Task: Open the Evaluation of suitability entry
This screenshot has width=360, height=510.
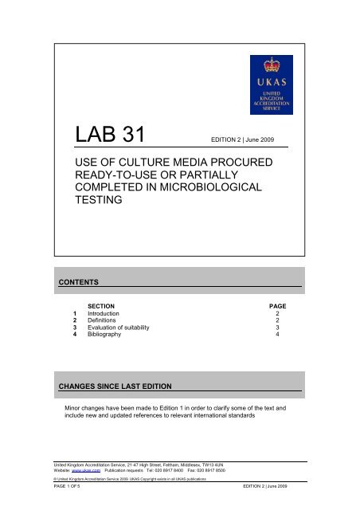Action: tap(127, 331)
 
